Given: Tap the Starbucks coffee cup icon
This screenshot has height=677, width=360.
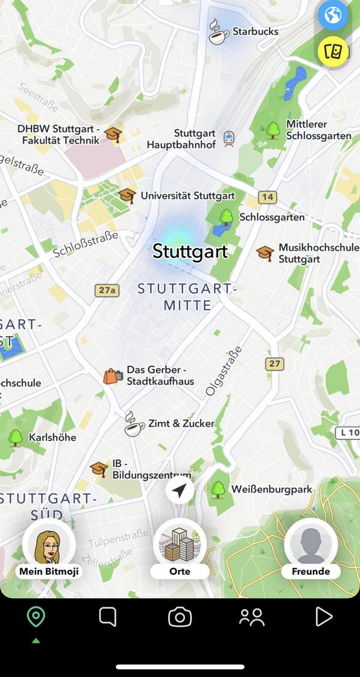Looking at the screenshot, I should [218, 32].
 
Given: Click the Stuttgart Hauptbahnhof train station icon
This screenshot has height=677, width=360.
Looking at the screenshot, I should [229, 139].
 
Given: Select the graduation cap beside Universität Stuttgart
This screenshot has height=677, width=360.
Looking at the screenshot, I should [127, 196].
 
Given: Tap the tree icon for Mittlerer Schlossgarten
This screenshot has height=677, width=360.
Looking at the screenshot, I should [273, 130].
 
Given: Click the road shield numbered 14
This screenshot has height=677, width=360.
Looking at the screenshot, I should [268, 197].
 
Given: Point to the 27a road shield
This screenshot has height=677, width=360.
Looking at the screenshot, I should [107, 290].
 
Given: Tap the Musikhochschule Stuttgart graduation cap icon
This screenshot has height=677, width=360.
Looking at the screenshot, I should [265, 253].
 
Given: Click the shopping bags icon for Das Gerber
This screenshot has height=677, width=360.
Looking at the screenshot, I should [112, 376].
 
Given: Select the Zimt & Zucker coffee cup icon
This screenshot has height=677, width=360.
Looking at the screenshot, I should [134, 424].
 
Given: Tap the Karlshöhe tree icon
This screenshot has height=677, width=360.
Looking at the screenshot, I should [16, 437].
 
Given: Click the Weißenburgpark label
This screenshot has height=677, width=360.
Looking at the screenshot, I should [272, 489].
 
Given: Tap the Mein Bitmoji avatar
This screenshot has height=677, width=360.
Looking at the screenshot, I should [49, 545].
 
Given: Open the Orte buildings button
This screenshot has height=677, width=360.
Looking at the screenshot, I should [180, 545].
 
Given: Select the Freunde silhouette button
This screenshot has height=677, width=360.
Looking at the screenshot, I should [311, 545].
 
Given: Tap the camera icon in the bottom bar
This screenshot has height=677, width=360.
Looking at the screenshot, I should [180, 617].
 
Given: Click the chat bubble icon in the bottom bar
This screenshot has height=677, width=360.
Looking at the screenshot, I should [108, 617].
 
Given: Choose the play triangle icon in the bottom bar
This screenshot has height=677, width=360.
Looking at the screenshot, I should [324, 617].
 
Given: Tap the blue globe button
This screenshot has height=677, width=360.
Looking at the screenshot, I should [332, 15].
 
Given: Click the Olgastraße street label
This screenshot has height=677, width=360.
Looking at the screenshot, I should [223, 370].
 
